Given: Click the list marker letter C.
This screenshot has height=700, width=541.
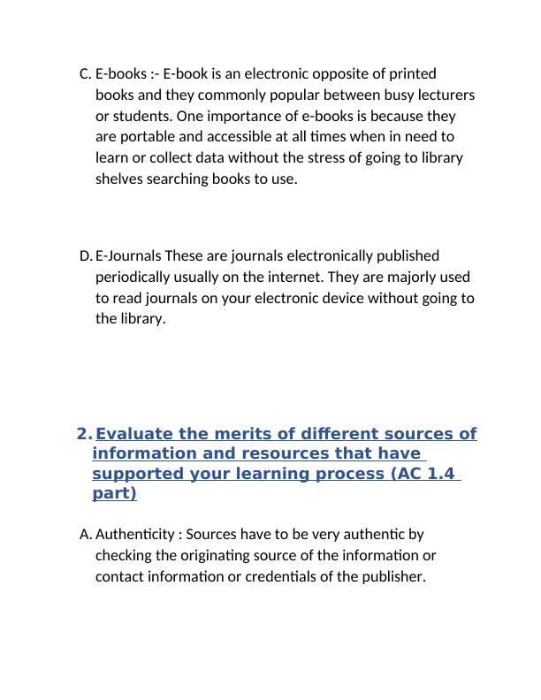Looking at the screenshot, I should coord(84,73).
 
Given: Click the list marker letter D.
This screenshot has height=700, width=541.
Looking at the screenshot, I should coord(85,256).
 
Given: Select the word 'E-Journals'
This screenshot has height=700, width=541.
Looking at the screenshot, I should coord(128,256).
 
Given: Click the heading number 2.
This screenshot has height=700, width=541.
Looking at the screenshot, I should coord(83,434).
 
